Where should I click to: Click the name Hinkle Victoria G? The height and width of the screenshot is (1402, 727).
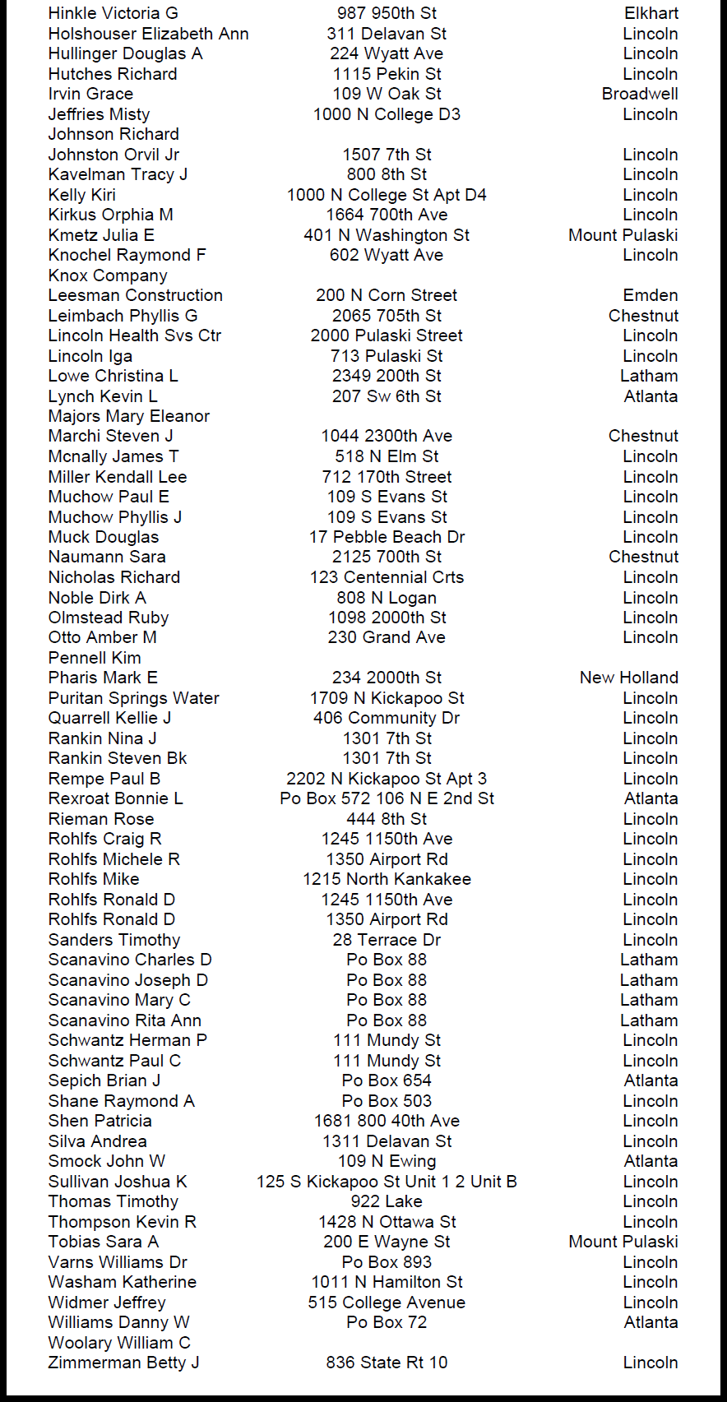(x=113, y=13)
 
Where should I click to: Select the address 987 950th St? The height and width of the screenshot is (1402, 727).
(x=387, y=13)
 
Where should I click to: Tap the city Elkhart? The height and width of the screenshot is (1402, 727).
(x=651, y=13)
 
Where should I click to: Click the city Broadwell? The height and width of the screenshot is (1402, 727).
(x=640, y=94)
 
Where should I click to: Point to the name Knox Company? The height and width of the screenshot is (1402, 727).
(x=108, y=275)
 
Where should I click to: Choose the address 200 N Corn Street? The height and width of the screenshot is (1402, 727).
(x=387, y=295)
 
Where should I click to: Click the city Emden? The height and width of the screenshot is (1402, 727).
(x=651, y=295)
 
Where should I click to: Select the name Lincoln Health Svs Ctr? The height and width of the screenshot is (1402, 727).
(x=135, y=335)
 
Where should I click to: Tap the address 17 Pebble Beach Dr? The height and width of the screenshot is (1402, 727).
(x=387, y=537)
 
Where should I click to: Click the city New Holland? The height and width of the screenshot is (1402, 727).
(x=629, y=678)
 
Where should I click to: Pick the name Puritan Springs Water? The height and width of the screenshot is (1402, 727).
(x=134, y=698)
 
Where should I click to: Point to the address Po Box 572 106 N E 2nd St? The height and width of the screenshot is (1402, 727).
(x=387, y=798)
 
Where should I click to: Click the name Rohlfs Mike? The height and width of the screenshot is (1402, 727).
(x=94, y=879)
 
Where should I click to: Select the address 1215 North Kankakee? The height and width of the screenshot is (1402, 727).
(x=387, y=879)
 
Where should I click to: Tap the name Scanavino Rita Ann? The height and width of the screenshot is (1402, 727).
(x=125, y=1020)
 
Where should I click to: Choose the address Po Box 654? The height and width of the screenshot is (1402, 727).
(x=387, y=1080)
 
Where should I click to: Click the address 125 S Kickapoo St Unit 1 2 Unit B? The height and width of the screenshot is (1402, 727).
(x=387, y=1182)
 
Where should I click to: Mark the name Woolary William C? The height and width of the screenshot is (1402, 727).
(x=119, y=1343)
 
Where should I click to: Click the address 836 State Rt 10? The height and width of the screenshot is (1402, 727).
(x=387, y=1363)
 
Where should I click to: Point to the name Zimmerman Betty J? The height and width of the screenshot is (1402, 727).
(x=124, y=1363)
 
